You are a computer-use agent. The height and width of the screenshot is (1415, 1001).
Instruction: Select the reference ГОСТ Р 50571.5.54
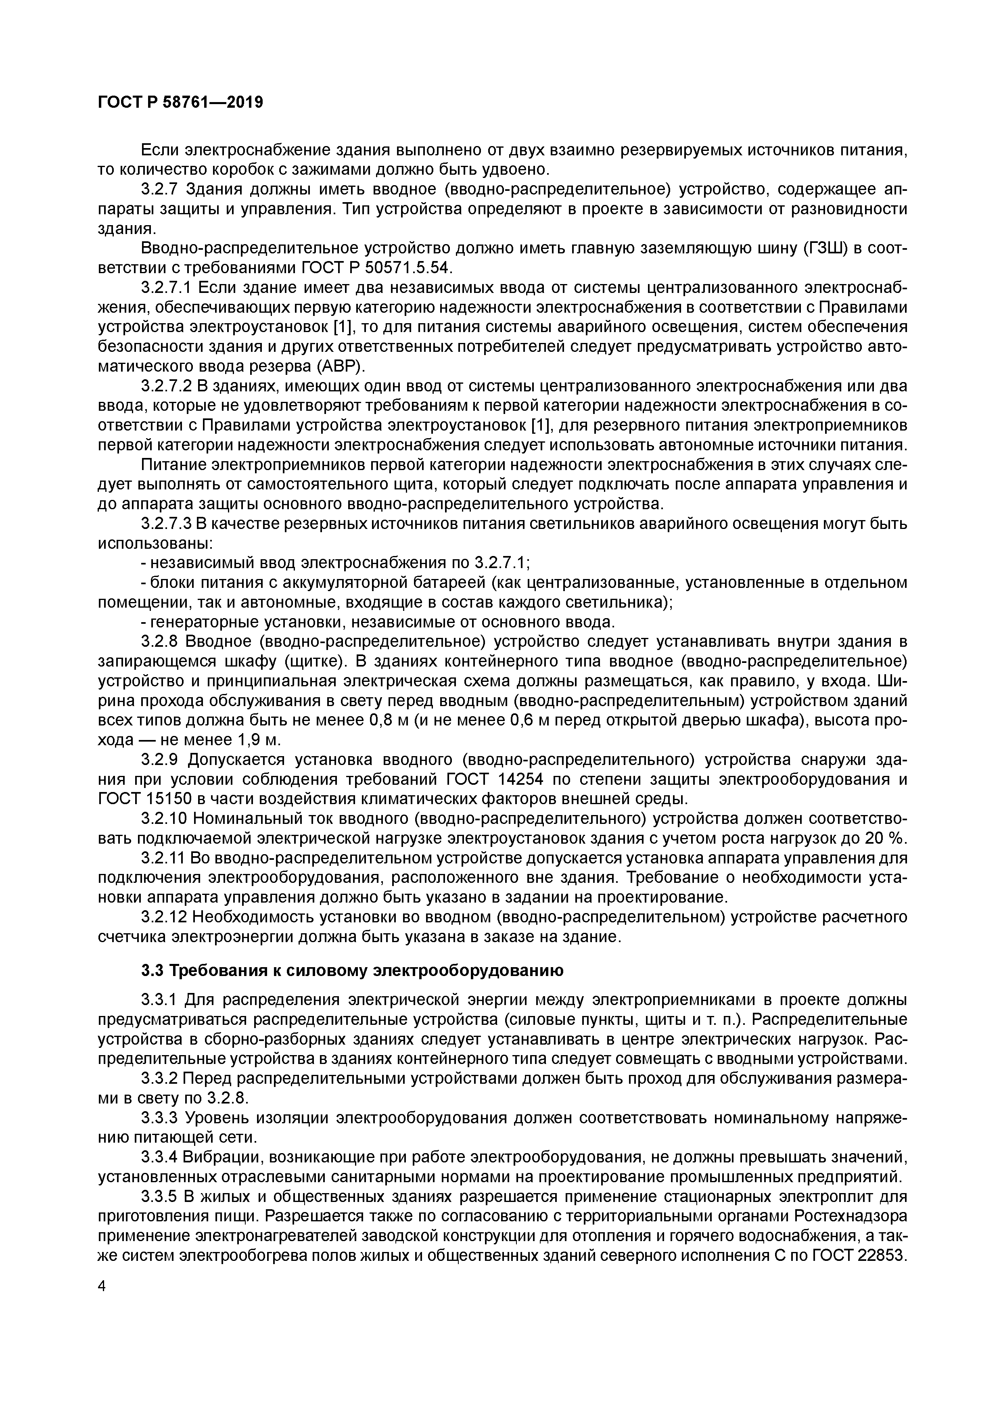[376, 268]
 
